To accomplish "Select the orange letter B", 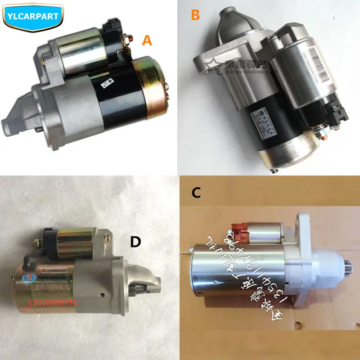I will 195,15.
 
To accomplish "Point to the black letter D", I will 135,242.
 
